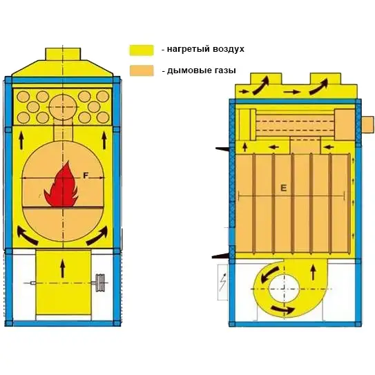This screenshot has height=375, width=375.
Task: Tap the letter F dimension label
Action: coord(86,176)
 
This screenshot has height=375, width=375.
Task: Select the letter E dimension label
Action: coord(283,189)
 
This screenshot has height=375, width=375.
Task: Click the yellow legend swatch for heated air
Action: coord(142,50)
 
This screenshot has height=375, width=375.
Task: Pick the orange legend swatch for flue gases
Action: coord(142,70)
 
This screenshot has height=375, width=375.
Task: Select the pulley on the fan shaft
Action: coord(100,282)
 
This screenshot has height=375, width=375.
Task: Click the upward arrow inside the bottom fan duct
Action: coord(63,269)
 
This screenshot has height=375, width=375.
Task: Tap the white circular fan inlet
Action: coord(285,289)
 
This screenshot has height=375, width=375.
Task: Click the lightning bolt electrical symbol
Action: coord(223,282)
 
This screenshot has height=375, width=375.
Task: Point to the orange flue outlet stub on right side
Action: coord(367,125)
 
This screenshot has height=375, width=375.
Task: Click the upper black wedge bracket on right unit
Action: coord(222,149)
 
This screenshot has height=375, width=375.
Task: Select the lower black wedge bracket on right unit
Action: coord(220,256)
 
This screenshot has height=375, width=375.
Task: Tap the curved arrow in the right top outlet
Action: coord(319,86)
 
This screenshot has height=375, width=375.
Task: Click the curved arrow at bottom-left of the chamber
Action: coord(27,236)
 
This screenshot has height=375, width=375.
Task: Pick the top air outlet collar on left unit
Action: coord(63,54)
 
